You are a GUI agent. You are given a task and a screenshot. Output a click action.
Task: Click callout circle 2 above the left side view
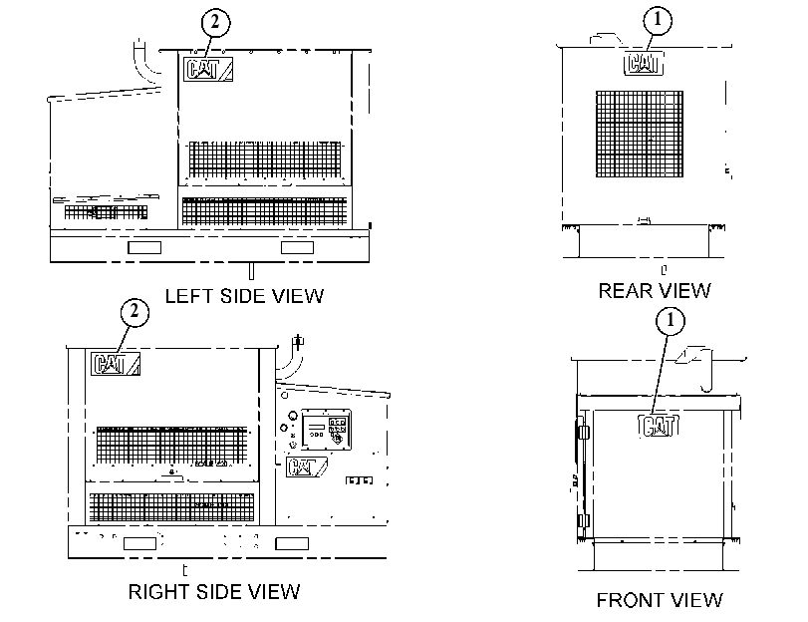pos(215,23)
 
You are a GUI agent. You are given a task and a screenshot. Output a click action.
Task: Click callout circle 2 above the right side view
pos(135,313)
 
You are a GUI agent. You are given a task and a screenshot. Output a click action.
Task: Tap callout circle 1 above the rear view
pos(658,21)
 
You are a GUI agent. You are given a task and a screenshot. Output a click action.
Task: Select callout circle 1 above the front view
pos(671,321)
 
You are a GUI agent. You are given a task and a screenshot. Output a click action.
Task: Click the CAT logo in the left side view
pos(208,69)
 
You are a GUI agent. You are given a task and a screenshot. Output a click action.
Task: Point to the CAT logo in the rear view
pos(644,64)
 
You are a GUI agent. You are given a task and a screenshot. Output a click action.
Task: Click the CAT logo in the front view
pos(659,426)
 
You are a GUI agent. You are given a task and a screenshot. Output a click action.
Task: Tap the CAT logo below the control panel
pos(306,466)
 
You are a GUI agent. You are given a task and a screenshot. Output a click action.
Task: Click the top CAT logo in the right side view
pos(116,364)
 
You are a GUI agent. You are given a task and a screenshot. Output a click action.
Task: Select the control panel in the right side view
pos(326,430)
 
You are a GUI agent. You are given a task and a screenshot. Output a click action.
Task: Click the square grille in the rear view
pos(640,135)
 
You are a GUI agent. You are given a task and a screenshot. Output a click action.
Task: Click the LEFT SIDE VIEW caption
pos(244,296)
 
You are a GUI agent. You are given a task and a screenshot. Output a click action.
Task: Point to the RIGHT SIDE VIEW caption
pos(214,591)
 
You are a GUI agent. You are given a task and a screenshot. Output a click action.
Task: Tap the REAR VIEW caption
pos(655,291)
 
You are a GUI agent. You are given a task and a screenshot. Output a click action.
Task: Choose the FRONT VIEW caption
pos(660,600)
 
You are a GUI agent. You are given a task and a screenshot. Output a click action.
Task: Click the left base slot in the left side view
pos(144,247)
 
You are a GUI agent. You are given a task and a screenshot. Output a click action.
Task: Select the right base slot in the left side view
pos(297,247)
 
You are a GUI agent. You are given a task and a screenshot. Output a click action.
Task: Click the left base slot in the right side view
pos(139,543)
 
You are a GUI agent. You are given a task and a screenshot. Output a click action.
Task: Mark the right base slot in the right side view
pos(292,543)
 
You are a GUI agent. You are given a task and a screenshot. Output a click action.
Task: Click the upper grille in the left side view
pos(265,158)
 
